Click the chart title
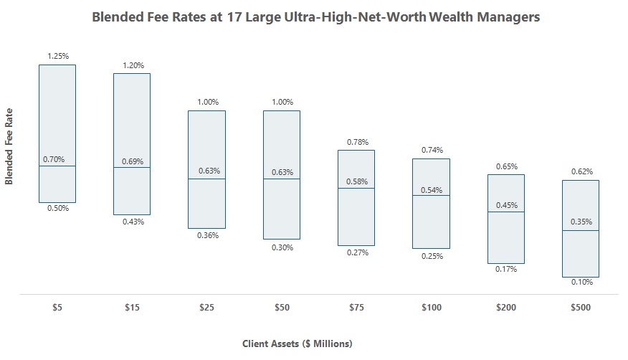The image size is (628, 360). (x=315, y=17)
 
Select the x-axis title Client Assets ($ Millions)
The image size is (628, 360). (x=297, y=344)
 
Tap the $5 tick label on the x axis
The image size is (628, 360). (x=57, y=308)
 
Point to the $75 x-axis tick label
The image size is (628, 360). (x=356, y=308)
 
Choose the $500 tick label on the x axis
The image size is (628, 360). (x=581, y=308)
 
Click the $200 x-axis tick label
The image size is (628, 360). (x=506, y=308)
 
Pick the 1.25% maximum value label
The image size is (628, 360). (x=58, y=56)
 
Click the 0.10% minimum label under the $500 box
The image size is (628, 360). (x=581, y=283)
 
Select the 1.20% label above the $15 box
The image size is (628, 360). (x=133, y=65)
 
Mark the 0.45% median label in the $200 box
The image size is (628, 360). (x=507, y=204)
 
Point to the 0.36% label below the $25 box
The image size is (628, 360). (x=207, y=235)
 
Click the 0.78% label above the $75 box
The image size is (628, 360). (x=357, y=142)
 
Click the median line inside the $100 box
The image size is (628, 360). (x=431, y=196)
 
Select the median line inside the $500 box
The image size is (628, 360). (x=581, y=231)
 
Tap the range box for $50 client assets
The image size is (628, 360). (x=282, y=208)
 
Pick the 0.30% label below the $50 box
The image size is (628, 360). (x=282, y=247)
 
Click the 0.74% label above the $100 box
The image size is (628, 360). (x=432, y=150)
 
